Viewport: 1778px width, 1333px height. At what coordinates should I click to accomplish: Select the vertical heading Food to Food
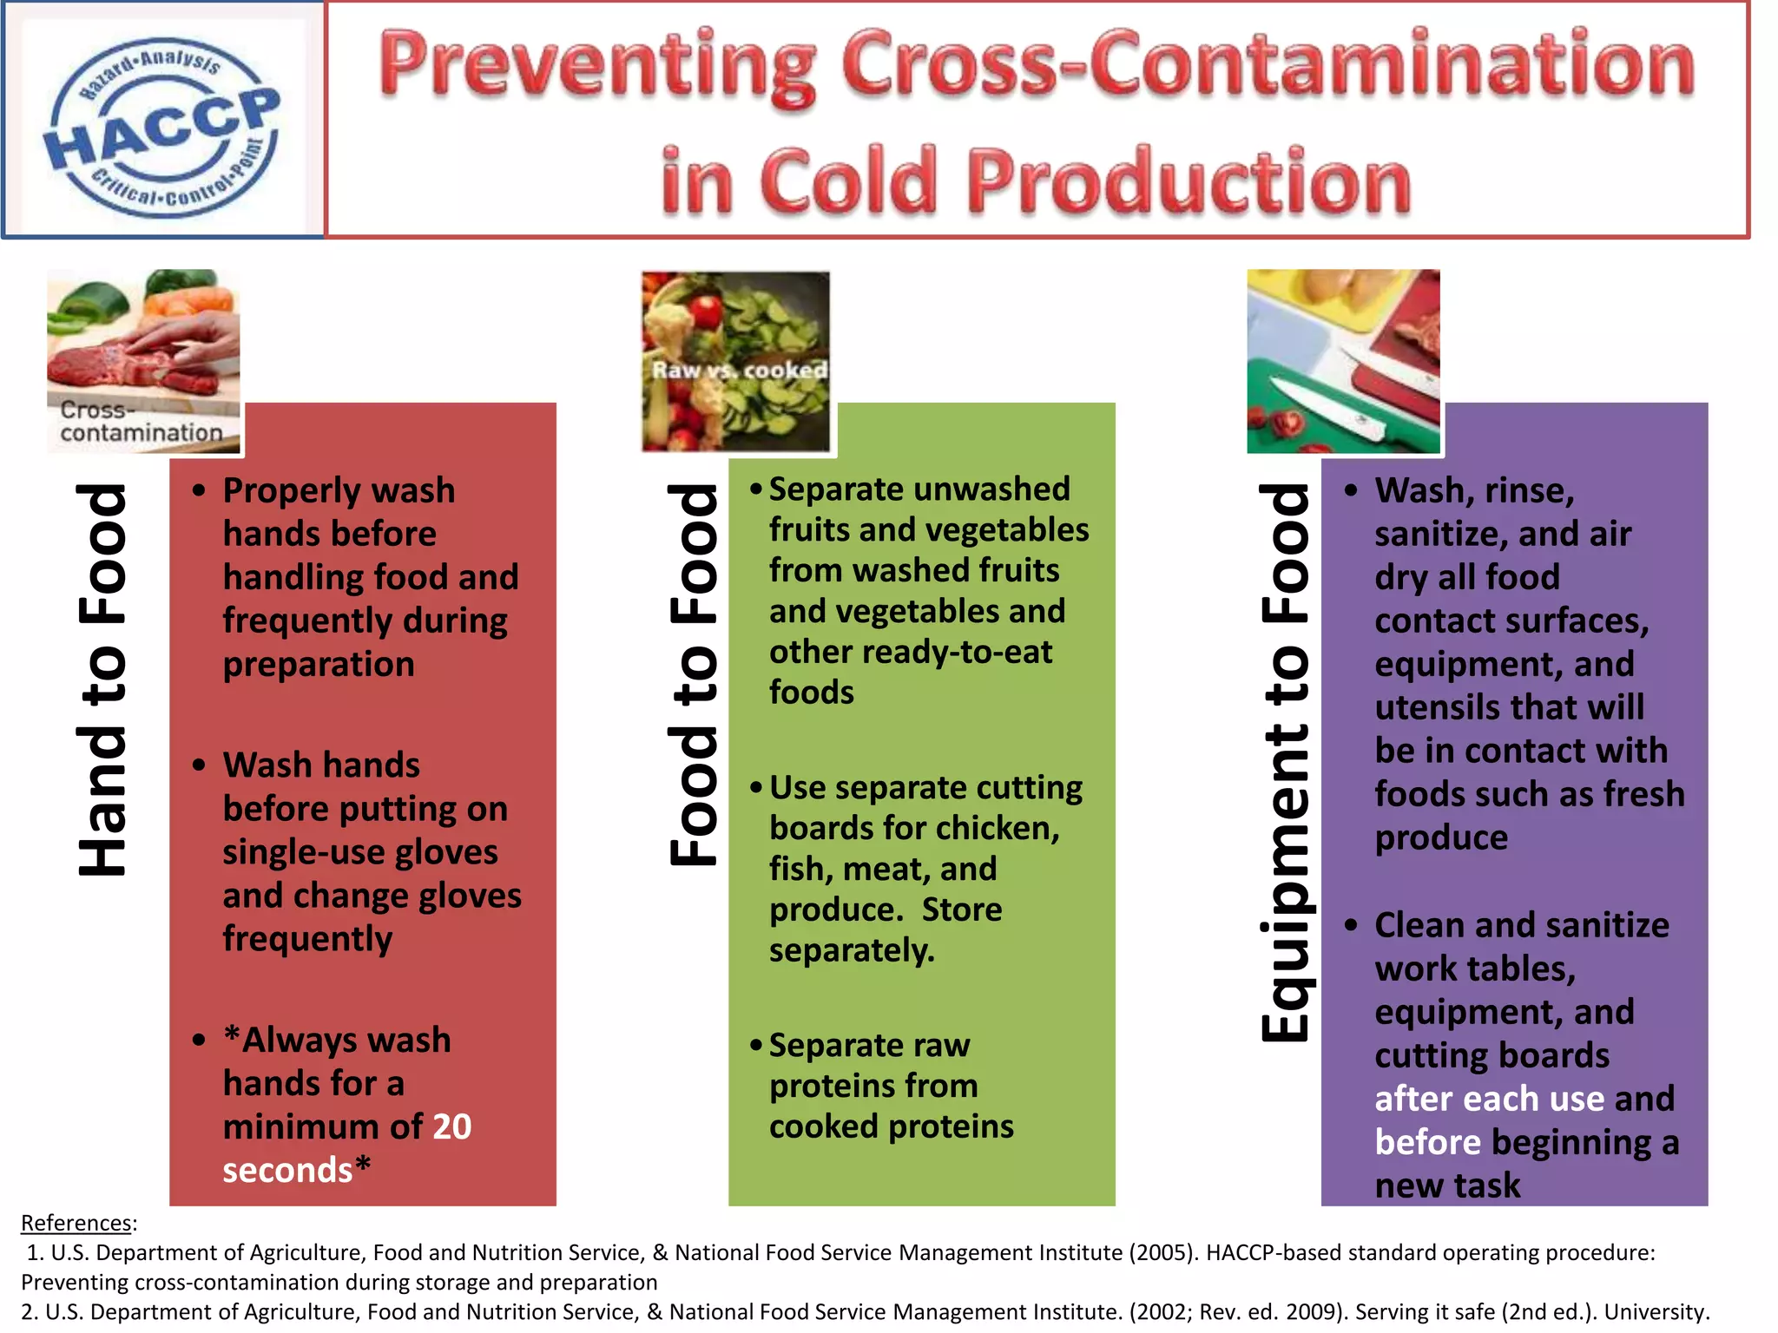pyautogui.click(x=694, y=674)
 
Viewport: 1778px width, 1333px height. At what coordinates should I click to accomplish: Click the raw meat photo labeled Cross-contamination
pyautogui.click(x=143, y=360)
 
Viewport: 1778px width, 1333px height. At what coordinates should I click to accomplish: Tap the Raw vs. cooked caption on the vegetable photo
pyautogui.click(x=739, y=370)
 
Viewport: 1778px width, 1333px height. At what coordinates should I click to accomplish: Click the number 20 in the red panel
pyautogui.click(x=451, y=1126)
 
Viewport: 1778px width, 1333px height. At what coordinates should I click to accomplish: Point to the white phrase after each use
pyautogui.click(x=1490, y=1099)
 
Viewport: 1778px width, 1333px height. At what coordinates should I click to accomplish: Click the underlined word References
pyautogui.click(x=76, y=1223)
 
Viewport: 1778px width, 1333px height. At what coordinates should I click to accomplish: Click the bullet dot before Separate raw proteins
pyautogui.click(x=756, y=1044)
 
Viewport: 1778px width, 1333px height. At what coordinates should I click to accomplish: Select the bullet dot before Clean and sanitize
pyautogui.click(x=1351, y=925)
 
